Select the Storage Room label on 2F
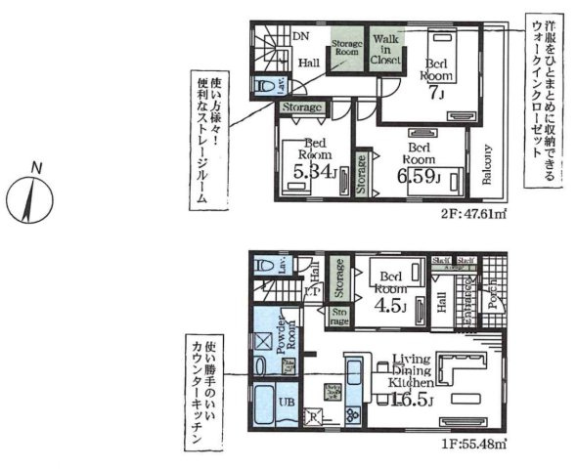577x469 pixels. (346, 51)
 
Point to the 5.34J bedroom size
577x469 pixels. (312, 175)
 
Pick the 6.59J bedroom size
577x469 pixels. (419, 176)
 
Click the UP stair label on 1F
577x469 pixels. (311, 291)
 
